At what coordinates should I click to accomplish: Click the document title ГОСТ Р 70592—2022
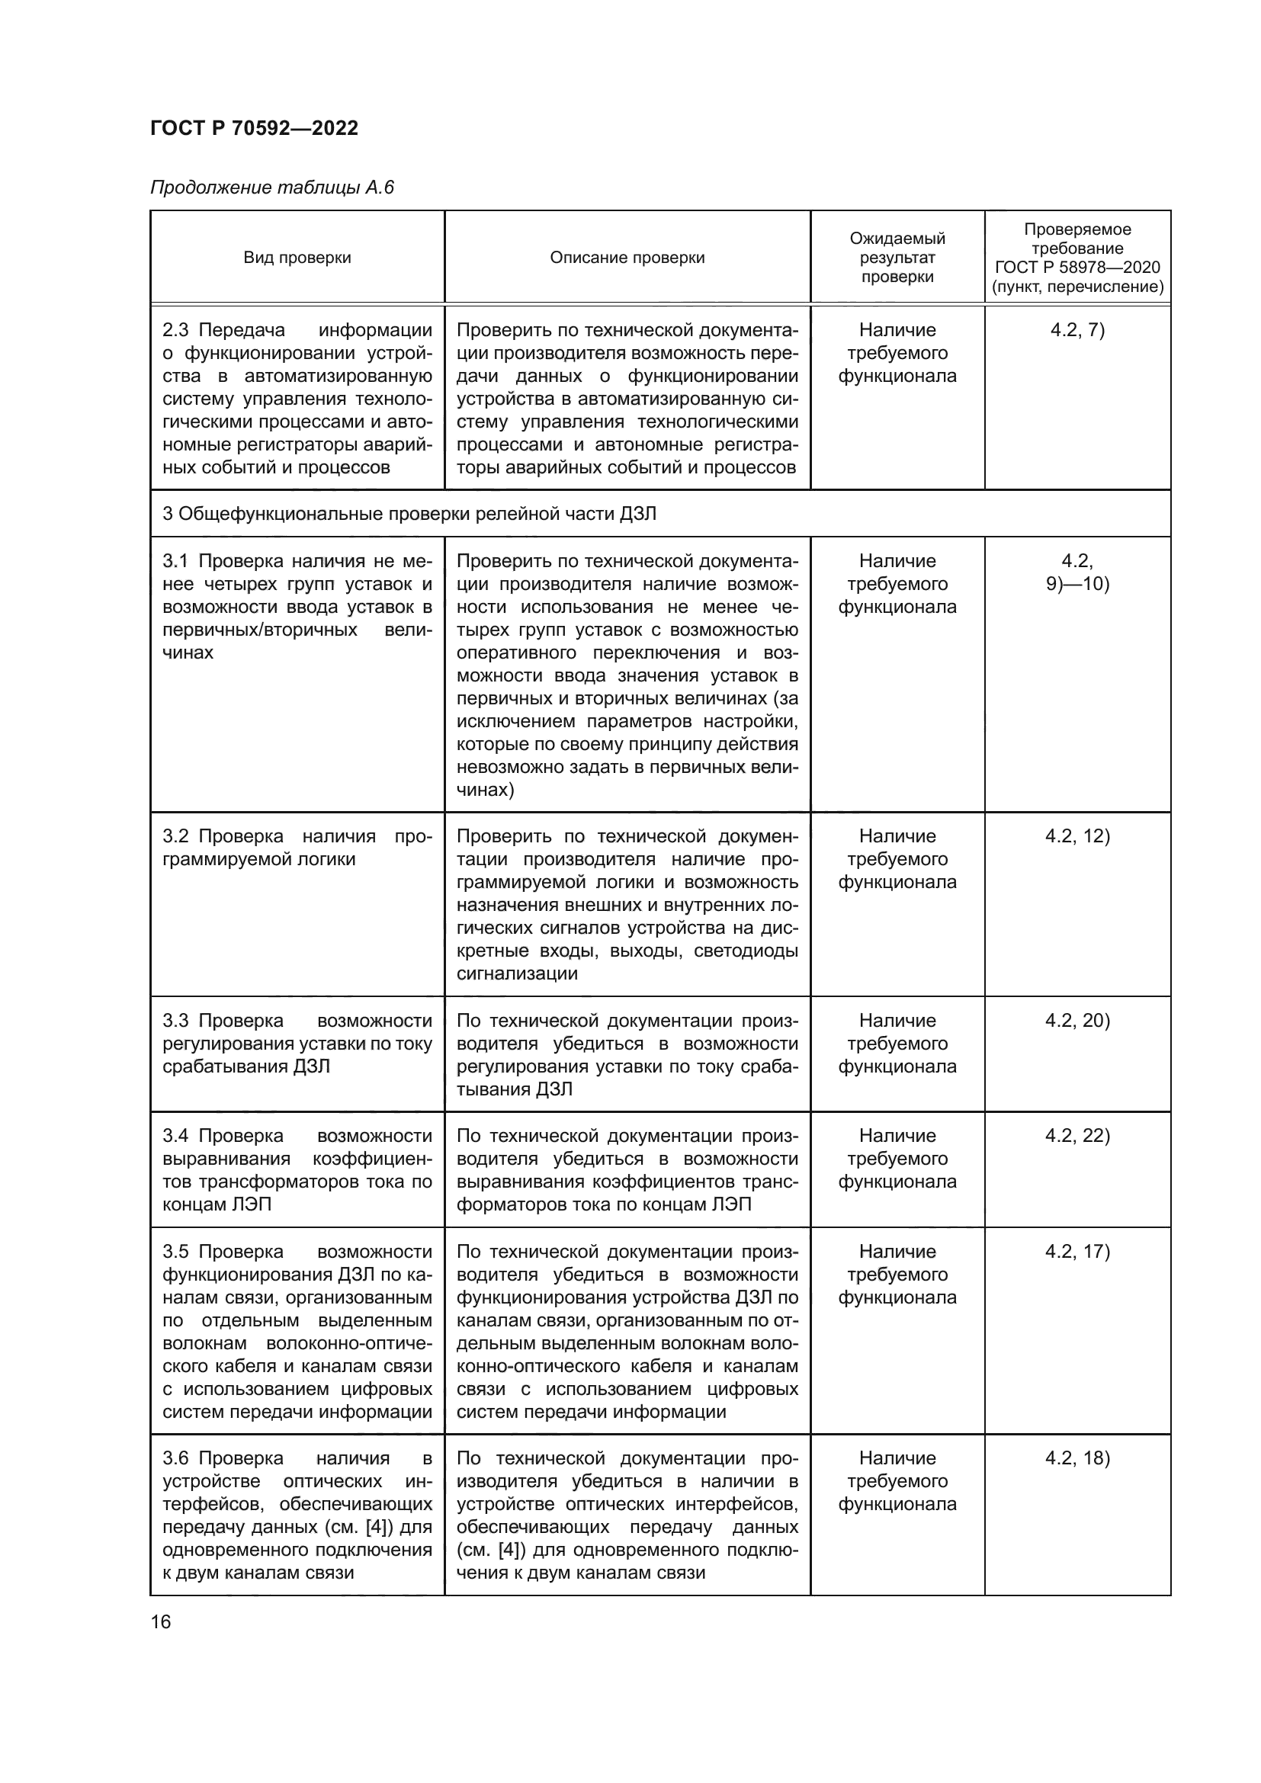click(x=254, y=128)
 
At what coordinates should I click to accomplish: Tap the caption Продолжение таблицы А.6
click(x=271, y=188)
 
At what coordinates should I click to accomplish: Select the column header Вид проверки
click(x=297, y=258)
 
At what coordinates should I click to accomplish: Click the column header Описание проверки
click(x=627, y=258)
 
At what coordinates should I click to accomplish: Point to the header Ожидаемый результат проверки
click(x=897, y=258)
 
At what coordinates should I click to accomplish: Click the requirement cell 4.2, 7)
click(x=1077, y=330)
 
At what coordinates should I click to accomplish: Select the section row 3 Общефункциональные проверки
click(x=409, y=514)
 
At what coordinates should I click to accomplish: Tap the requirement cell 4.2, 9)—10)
click(x=1077, y=572)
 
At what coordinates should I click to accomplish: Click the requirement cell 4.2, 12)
click(x=1077, y=836)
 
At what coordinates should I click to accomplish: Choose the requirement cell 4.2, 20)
click(x=1077, y=1021)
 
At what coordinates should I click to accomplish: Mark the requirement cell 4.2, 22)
click(x=1077, y=1136)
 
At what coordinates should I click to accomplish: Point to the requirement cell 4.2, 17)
click(x=1077, y=1252)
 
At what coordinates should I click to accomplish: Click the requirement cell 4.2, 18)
click(x=1077, y=1458)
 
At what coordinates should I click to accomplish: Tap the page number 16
click(x=161, y=1622)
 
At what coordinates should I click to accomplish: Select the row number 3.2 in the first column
click(x=175, y=836)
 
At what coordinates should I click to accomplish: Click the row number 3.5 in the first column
click(x=175, y=1252)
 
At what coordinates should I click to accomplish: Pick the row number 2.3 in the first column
click(x=175, y=330)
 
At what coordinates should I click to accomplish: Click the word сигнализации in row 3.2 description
click(x=516, y=973)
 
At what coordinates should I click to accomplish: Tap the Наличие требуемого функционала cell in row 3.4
click(x=897, y=1159)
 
